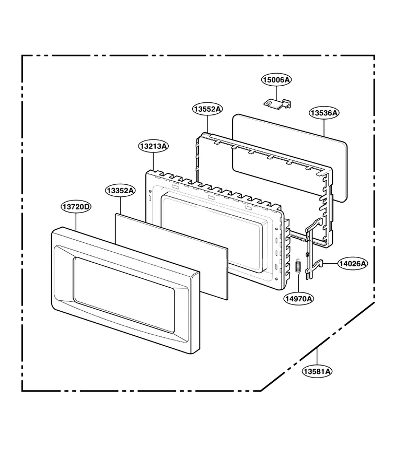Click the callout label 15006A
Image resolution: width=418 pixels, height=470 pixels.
click(276, 80)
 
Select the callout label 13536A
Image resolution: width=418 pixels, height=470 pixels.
click(324, 113)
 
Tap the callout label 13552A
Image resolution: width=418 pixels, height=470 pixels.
click(207, 109)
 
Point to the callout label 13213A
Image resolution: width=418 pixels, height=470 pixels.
click(154, 146)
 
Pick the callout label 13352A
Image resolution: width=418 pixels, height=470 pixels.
click(120, 190)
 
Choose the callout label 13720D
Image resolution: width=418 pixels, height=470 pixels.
click(76, 206)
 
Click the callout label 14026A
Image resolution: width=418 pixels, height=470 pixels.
click(353, 264)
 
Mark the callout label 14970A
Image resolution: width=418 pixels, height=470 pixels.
click(299, 299)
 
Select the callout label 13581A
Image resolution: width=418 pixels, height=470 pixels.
click(317, 371)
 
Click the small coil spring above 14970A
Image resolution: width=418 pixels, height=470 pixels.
click(298, 266)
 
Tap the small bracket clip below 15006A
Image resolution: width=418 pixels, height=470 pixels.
click(277, 103)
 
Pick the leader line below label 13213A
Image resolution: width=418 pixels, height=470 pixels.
click(154, 162)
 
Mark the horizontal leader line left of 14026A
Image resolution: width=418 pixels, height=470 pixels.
click(330, 264)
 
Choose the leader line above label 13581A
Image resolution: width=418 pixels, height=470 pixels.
click(317, 356)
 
